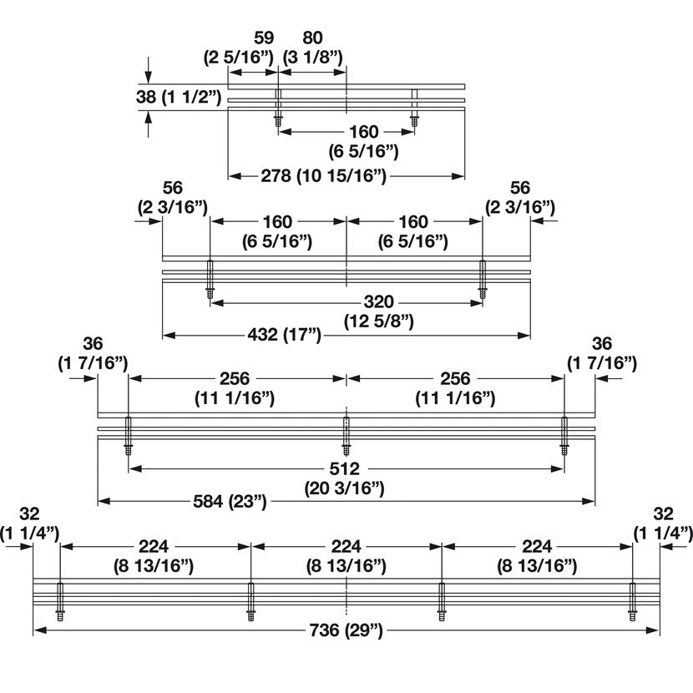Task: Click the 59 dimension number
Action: (x=264, y=38)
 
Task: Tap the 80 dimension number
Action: (x=312, y=38)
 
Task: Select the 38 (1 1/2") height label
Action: (x=179, y=97)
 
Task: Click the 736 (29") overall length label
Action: (x=346, y=631)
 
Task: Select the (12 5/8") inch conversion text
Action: (x=371, y=320)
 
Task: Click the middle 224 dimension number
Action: (x=346, y=547)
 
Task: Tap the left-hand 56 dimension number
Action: (x=172, y=188)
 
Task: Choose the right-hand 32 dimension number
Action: (x=663, y=514)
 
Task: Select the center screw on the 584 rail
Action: (x=346, y=433)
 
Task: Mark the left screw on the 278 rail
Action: (x=279, y=109)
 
